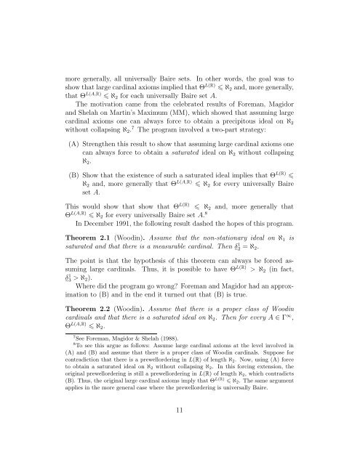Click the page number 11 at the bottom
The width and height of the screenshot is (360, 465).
click(x=180, y=429)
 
